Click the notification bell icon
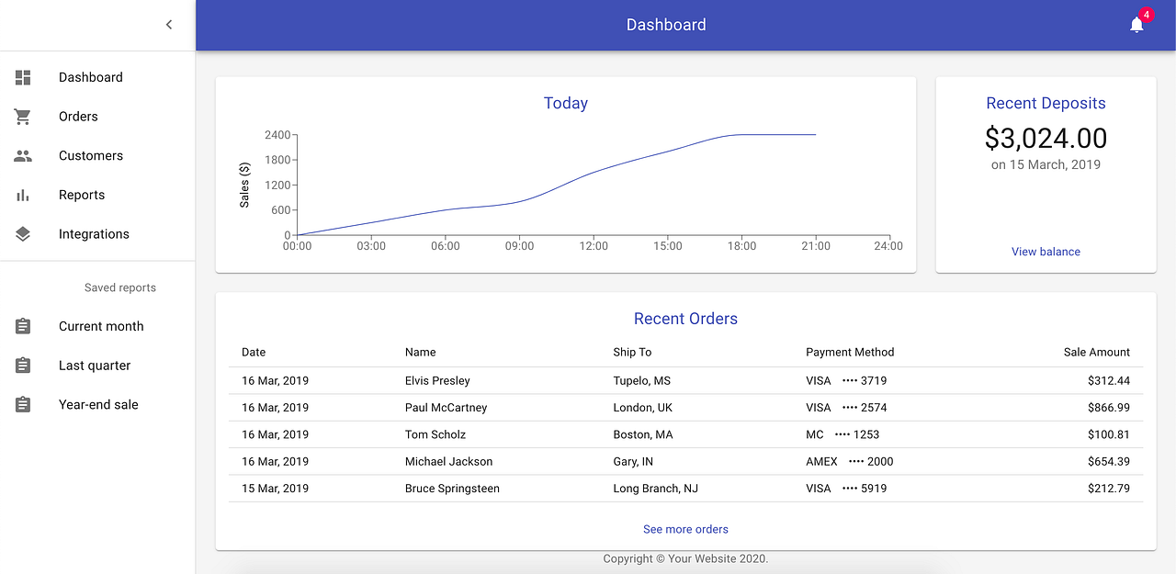(1136, 25)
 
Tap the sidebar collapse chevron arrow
(169, 25)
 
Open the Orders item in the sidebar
(78, 117)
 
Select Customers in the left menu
(90, 156)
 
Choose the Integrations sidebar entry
(94, 234)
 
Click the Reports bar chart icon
(23, 195)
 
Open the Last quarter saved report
(95, 366)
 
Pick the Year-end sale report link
(98, 405)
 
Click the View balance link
(1046, 252)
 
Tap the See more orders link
(685, 529)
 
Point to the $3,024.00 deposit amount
(1046, 138)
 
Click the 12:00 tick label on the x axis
(594, 246)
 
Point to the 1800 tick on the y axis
(277, 160)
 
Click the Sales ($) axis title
(244, 185)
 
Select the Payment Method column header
(850, 352)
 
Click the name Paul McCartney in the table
(446, 408)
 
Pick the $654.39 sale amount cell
(1108, 461)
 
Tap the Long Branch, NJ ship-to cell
(655, 489)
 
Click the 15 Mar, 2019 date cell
(275, 489)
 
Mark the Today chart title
(566, 104)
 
